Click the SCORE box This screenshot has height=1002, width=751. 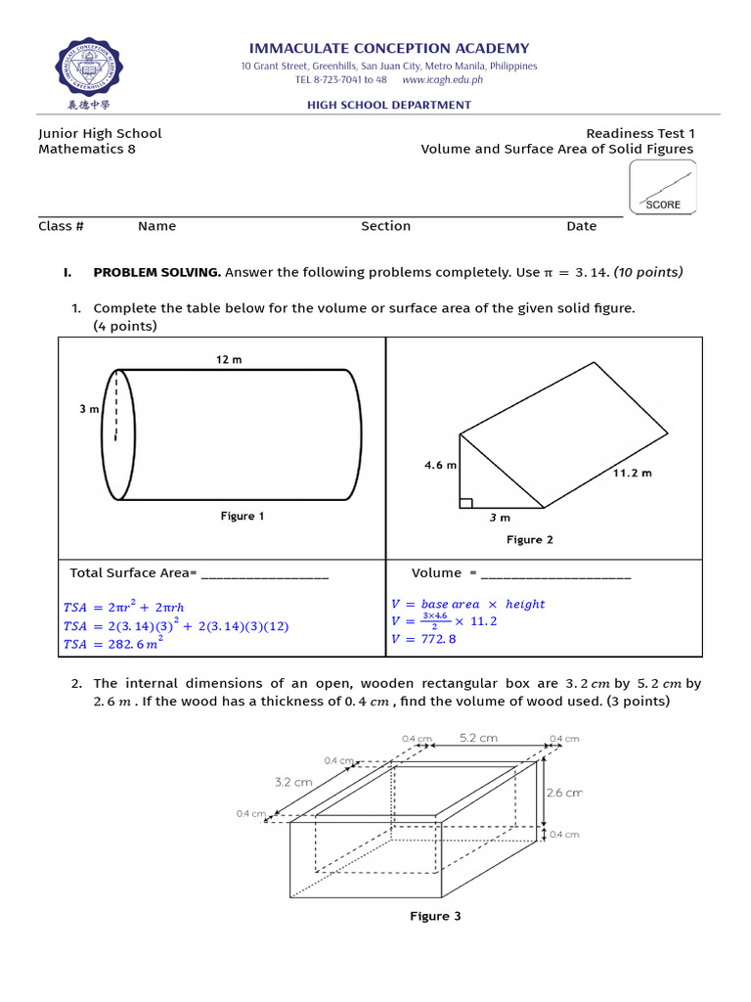click(x=663, y=187)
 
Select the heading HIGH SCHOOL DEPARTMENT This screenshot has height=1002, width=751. click(x=389, y=105)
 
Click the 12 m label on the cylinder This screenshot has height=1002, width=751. click(x=229, y=360)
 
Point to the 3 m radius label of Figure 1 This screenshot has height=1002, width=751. click(x=89, y=409)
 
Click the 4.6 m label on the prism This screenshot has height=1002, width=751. click(x=440, y=466)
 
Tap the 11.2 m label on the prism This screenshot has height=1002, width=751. click(x=632, y=473)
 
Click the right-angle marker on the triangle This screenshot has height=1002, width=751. click(x=466, y=504)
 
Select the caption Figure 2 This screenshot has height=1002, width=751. click(x=530, y=540)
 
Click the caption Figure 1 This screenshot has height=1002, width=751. click(x=243, y=516)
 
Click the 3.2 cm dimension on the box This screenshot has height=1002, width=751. click(x=292, y=782)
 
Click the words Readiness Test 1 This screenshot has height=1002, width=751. click(x=640, y=133)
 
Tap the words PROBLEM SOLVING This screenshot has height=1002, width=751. click(x=156, y=272)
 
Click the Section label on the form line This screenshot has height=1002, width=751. click(x=385, y=226)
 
